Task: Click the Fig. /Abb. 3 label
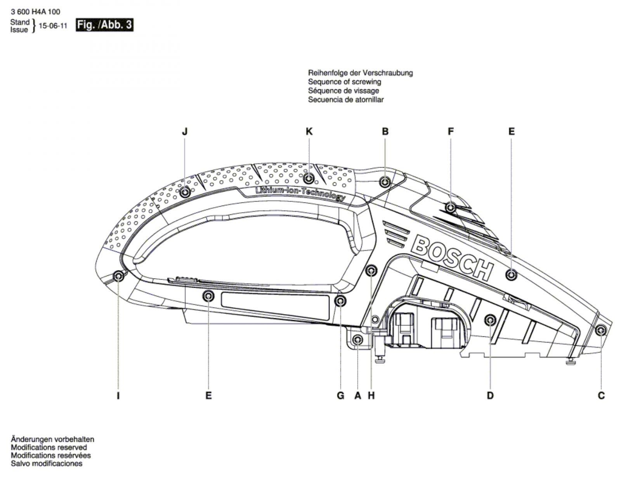(104, 25)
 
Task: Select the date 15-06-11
(53, 26)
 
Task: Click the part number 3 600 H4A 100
(35, 12)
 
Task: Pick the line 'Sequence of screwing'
(344, 82)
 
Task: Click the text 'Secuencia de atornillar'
(346, 99)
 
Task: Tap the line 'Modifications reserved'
(49, 447)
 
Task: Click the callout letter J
(185, 131)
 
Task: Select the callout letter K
(309, 131)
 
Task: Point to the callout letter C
(601, 396)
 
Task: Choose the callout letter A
(358, 396)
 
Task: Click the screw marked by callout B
(385, 182)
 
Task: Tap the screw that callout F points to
(451, 207)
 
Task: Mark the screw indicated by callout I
(119, 276)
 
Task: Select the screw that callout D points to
(490, 320)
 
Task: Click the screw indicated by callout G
(340, 301)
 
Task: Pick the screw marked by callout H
(371, 270)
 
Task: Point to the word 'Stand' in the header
(20, 22)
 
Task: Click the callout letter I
(118, 396)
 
